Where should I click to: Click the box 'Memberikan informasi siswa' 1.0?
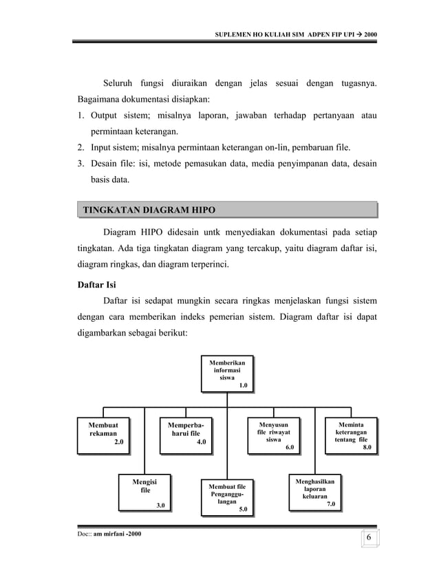226,373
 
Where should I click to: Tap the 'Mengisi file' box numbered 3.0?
144,493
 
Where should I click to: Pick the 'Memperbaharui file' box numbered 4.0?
185,435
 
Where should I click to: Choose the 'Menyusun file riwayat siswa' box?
273,435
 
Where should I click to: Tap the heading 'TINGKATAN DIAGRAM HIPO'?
144,209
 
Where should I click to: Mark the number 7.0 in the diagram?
330,504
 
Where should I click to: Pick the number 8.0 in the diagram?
367,447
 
